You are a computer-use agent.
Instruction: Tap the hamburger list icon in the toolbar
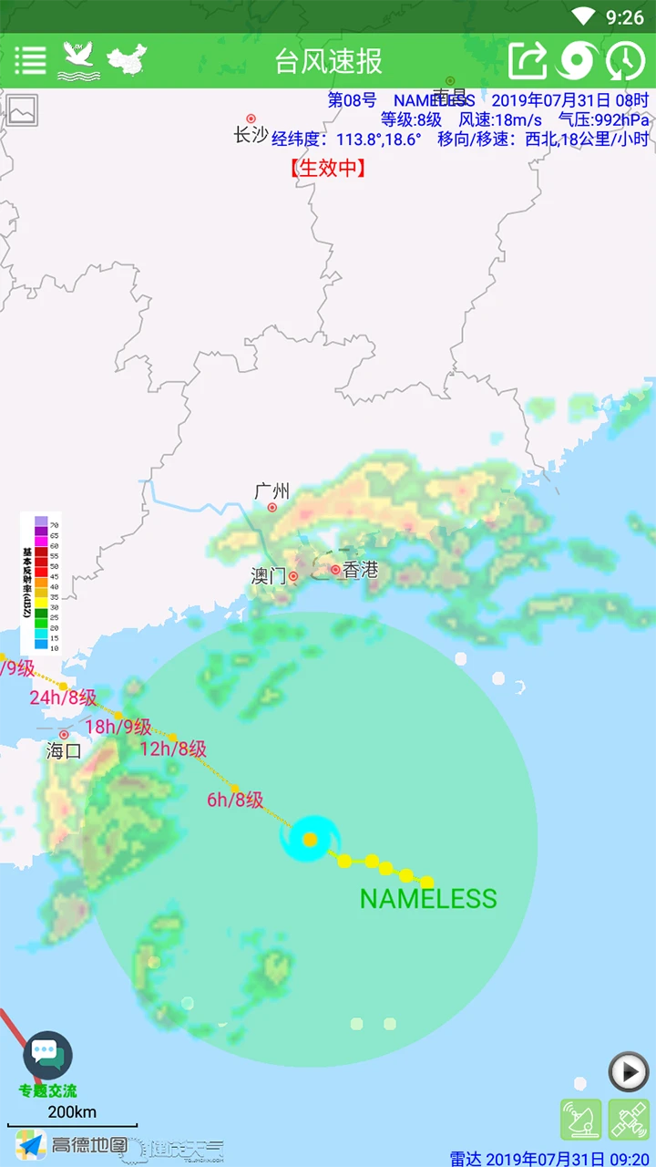pyautogui.click(x=30, y=60)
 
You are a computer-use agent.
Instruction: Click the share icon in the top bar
pyautogui.click(x=528, y=60)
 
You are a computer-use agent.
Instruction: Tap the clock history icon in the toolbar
pyautogui.click(x=625, y=60)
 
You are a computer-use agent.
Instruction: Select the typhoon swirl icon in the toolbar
pyautogui.click(x=577, y=60)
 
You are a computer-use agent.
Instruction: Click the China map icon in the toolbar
pyautogui.click(x=127, y=59)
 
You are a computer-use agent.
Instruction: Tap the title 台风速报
pyautogui.click(x=328, y=61)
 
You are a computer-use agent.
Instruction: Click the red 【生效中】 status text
pyautogui.click(x=328, y=168)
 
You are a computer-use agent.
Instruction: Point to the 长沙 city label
pyautogui.click(x=251, y=134)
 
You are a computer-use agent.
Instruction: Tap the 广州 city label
pyautogui.click(x=272, y=492)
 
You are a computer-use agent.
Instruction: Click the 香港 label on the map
pyautogui.click(x=360, y=570)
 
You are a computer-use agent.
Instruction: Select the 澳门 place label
pyautogui.click(x=269, y=576)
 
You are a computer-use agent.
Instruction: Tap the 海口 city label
pyautogui.click(x=64, y=751)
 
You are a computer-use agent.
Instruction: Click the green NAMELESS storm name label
pyautogui.click(x=428, y=899)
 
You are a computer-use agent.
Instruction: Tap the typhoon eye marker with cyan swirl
pyautogui.click(x=311, y=839)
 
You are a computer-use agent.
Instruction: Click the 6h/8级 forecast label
pyautogui.click(x=235, y=800)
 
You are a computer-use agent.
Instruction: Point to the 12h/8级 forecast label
pyautogui.click(x=173, y=749)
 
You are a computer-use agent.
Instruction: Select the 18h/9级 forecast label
pyautogui.click(x=118, y=727)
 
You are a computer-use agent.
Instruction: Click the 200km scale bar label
pyautogui.click(x=72, y=1112)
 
